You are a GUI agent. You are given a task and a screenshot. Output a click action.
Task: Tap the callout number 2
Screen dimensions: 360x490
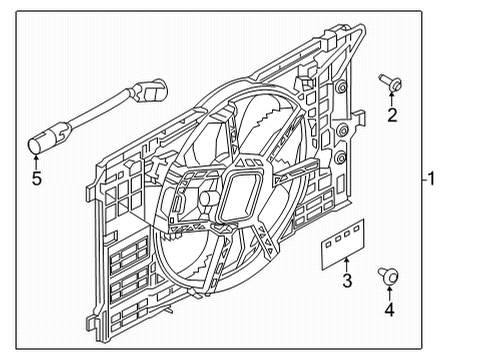[x=392, y=116]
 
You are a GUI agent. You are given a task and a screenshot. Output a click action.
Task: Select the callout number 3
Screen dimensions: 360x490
[x=348, y=282]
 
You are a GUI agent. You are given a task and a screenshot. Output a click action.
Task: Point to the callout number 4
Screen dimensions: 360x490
[x=389, y=310]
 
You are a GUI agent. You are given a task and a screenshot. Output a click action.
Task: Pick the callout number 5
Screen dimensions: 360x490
[x=36, y=180]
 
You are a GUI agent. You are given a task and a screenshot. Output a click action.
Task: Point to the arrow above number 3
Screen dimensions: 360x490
[x=346, y=265]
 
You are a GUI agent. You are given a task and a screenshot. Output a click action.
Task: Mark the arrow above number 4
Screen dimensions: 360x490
[x=388, y=291]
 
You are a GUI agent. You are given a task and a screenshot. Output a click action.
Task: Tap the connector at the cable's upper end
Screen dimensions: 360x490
[x=154, y=92]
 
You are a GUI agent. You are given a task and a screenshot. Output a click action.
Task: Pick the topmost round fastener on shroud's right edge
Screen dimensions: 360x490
[x=343, y=88]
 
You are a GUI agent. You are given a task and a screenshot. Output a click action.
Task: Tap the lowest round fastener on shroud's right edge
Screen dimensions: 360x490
[x=342, y=158]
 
